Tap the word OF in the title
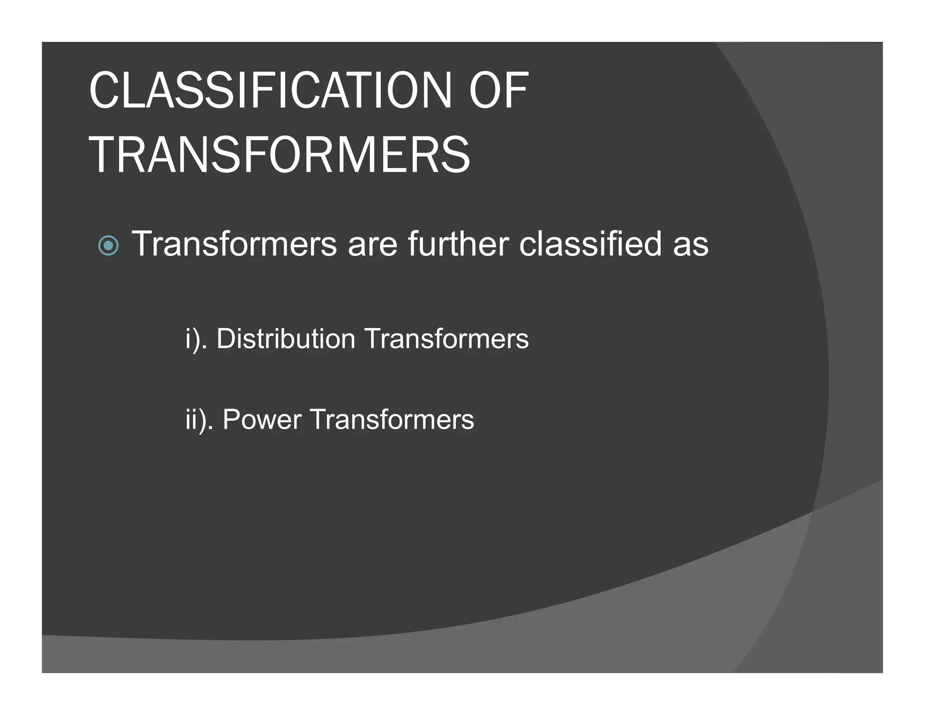click(499, 91)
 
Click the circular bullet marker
click(108, 246)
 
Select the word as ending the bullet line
click(691, 245)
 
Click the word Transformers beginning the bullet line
click(234, 244)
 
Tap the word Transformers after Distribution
click(446, 339)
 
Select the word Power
click(262, 419)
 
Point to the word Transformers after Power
click(392, 419)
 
